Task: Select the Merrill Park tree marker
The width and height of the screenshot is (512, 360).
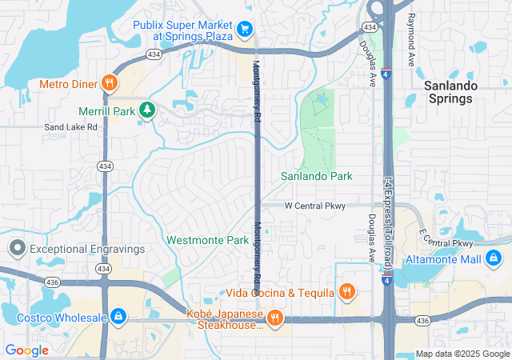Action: click(x=146, y=110)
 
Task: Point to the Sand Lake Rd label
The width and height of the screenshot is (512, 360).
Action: click(x=70, y=126)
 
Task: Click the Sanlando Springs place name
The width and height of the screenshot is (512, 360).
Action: click(x=450, y=92)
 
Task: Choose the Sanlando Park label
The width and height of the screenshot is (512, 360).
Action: click(x=316, y=176)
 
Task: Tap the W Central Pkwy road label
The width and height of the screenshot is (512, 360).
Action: click(x=315, y=206)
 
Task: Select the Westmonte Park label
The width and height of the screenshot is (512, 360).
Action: click(x=207, y=240)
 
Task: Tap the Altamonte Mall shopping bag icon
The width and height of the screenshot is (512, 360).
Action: click(x=494, y=259)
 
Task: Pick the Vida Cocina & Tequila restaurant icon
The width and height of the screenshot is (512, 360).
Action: click(x=346, y=292)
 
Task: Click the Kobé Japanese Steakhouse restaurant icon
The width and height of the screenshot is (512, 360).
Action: click(x=274, y=318)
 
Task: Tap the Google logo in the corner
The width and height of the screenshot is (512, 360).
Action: click(x=26, y=350)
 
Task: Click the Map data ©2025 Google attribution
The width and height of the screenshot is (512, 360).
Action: click(x=462, y=354)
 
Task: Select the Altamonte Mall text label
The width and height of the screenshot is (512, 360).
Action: click(x=442, y=259)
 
